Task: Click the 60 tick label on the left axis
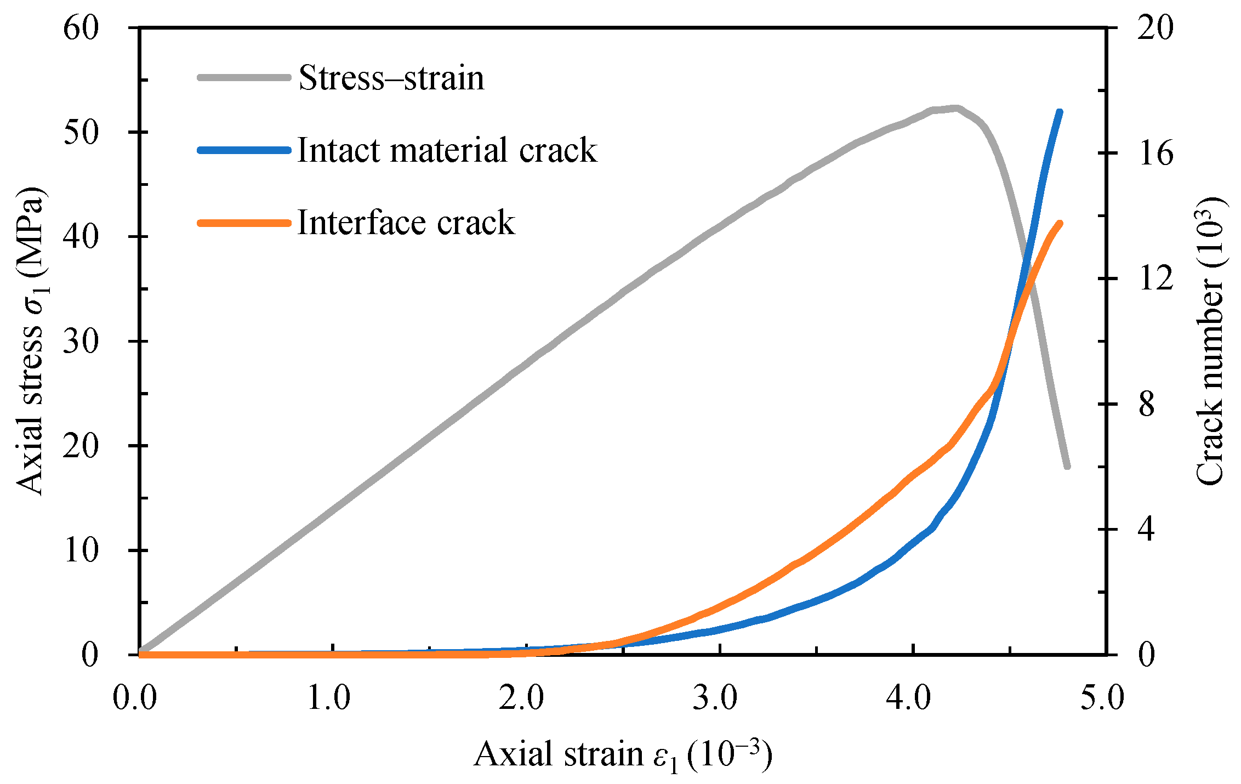(x=81, y=27)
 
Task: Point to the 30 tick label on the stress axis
(x=81, y=341)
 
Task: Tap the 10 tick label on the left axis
(x=81, y=550)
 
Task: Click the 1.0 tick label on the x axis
(x=328, y=698)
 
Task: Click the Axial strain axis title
(x=623, y=754)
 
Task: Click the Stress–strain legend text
(x=391, y=78)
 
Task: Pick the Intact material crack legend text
(x=447, y=150)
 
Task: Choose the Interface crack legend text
(x=406, y=223)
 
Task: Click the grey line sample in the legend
(x=244, y=78)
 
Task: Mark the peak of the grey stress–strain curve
(x=956, y=108)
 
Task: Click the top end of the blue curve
(x=1060, y=112)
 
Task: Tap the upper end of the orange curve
(x=1060, y=223)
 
